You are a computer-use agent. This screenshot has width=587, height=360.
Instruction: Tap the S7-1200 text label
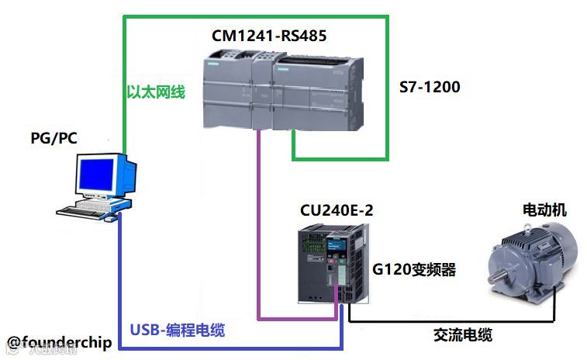(429, 87)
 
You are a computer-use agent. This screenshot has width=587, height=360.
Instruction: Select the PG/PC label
(54, 138)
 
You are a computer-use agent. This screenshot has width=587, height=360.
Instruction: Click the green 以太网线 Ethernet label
(156, 92)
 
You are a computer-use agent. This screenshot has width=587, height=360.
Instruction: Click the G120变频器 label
(413, 270)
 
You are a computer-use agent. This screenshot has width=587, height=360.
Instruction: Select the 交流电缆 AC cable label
(462, 335)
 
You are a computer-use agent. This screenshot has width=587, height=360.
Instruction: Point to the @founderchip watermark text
(60, 342)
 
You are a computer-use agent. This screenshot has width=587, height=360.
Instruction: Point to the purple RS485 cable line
(258, 233)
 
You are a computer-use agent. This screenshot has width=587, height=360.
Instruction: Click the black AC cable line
(450, 320)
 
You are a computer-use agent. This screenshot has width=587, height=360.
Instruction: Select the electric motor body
(535, 260)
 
